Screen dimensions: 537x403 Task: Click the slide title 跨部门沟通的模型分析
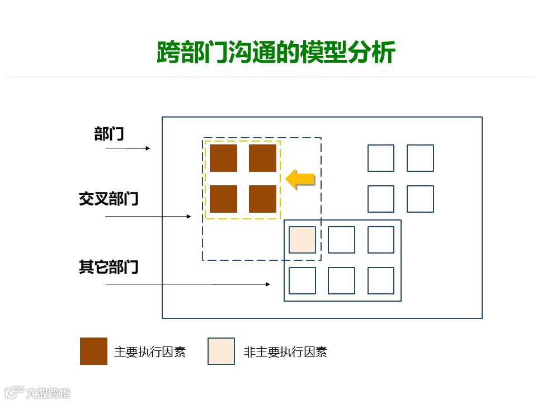click(276, 53)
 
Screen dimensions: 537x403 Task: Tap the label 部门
click(109, 134)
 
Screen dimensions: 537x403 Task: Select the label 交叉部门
click(109, 199)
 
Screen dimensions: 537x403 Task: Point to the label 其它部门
click(109, 267)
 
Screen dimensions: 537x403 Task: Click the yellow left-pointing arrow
click(299, 179)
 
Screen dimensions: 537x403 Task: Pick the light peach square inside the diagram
click(302, 240)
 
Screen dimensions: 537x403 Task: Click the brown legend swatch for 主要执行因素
click(93, 351)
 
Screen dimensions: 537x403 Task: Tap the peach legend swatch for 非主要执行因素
click(221, 351)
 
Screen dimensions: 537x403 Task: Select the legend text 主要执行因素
click(149, 352)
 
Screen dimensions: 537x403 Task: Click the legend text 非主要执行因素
click(285, 352)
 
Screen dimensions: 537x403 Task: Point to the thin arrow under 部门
click(128, 148)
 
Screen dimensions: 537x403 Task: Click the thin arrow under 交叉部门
click(148, 216)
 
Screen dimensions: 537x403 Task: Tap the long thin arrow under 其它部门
click(187, 284)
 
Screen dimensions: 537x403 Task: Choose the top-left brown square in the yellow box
click(223, 158)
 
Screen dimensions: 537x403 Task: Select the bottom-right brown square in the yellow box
click(262, 199)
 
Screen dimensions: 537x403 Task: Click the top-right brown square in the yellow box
click(262, 158)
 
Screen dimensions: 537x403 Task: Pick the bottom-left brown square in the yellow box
click(223, 199)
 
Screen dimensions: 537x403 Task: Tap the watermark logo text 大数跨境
click(48, 393)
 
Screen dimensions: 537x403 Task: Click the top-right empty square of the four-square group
click(420, 158)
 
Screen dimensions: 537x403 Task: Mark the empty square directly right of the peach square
click(341, 240)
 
